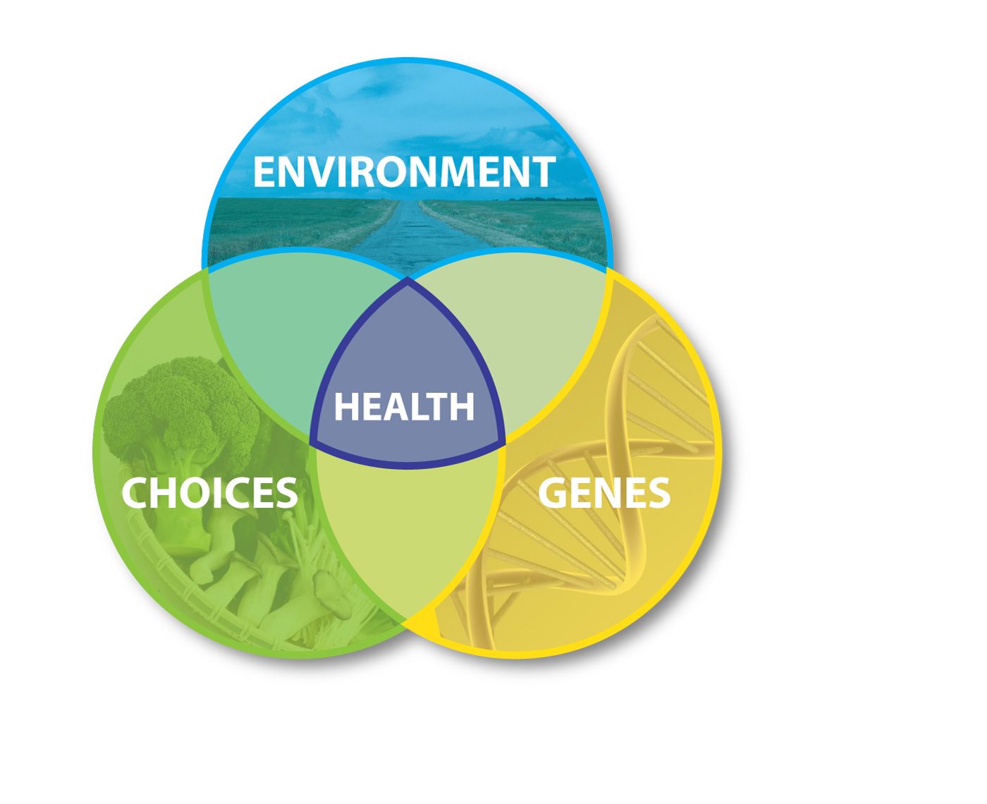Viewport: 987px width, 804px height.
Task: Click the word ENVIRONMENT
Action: pyautogui.click(x=403, y=171)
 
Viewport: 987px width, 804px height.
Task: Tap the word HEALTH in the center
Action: pyautogui.click(x=404, y=406)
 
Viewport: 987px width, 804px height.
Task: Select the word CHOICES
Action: pyautogui.click(x=209, y=492)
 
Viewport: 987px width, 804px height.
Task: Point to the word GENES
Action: pyautogui.click(x=604, y=492)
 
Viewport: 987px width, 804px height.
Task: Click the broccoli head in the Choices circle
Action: pyautogui.click(x=180, y=408)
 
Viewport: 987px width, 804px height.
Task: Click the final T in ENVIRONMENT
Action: pyautogui.click(x=542, y=171)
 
